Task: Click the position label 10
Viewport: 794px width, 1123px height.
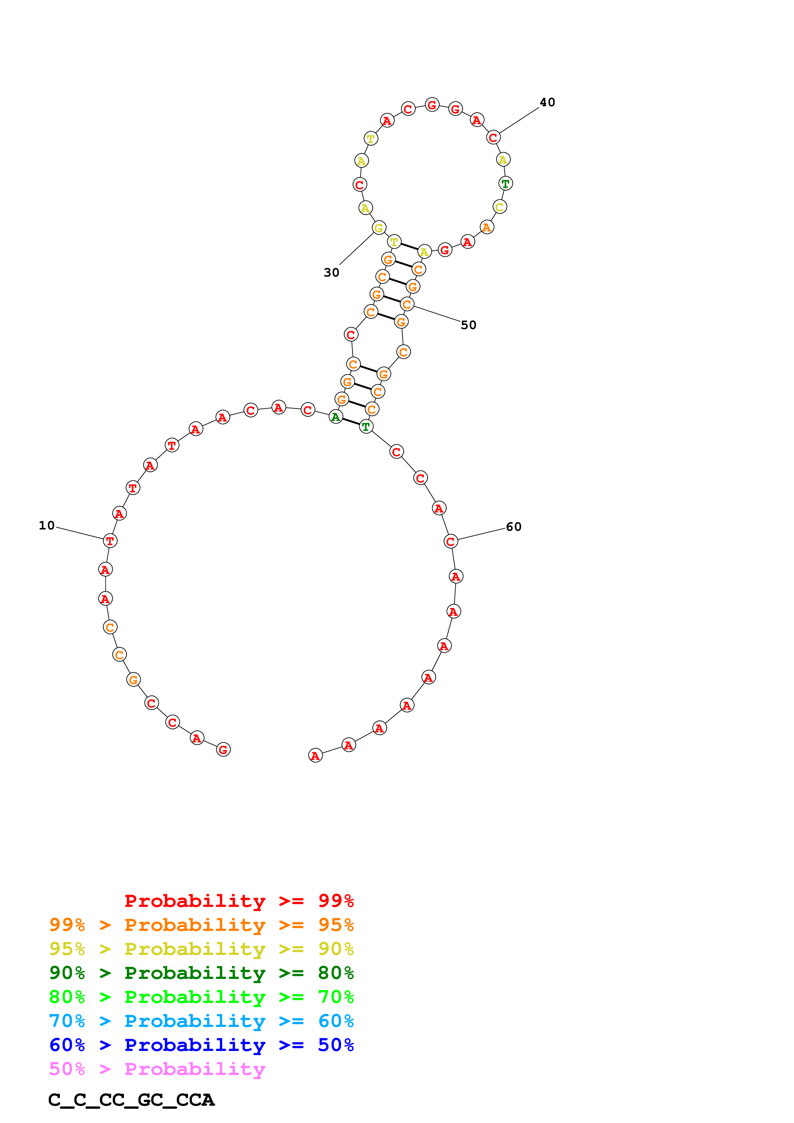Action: [47, 525]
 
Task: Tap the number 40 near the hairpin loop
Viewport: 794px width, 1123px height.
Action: [547, 102]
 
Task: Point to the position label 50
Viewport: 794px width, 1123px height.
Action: [468, 325]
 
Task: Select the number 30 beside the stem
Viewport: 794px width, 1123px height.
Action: [331, 272]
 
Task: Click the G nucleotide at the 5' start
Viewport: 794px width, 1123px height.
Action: [223, 749]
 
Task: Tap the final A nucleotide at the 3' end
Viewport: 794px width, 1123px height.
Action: [315, 756]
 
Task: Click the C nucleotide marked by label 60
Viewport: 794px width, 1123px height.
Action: [451, 541]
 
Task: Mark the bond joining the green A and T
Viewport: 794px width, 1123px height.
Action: [351, 422]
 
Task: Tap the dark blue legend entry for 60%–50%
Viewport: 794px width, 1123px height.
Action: [201, 1045]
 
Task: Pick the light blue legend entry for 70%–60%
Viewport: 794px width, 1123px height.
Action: [201, 1021]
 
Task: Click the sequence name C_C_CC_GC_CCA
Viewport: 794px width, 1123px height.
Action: [131, 1100]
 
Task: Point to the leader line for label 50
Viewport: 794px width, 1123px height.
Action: [437, 314]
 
